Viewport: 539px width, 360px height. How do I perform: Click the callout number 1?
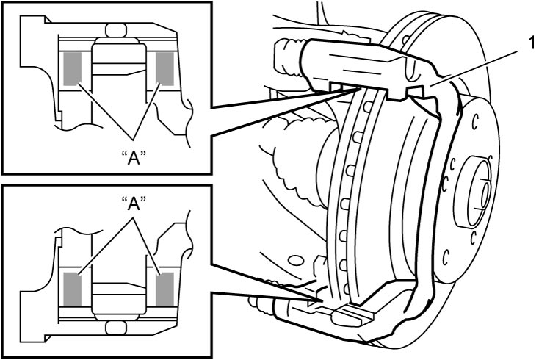point(532,43)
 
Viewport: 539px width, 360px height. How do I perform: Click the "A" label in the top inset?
point(134,158)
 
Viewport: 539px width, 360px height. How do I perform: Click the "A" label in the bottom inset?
point(134,204)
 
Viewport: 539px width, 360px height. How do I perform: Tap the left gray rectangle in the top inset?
point(73,68)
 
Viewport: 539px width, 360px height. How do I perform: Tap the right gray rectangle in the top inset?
point(165,68)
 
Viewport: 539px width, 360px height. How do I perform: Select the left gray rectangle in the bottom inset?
point(73,289)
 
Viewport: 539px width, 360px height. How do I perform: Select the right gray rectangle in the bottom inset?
point(165,289)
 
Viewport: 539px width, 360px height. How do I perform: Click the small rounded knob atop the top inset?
point(116,30)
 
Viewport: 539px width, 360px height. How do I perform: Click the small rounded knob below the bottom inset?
point(116,328)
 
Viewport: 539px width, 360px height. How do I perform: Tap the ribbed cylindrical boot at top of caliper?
point(288,56)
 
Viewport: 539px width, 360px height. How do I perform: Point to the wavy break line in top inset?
point(189,122)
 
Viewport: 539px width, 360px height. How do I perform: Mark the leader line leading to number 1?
point(475,68)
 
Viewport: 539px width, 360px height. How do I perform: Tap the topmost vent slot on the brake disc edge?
point(366,107)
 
